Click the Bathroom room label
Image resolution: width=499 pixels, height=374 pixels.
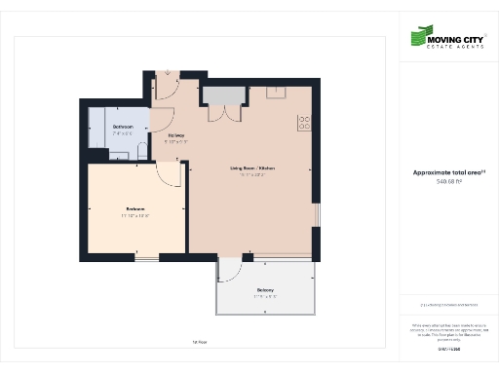123,128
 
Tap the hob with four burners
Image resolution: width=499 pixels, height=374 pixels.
303,123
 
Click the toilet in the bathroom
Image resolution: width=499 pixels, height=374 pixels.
141,151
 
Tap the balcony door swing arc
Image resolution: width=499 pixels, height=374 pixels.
234,270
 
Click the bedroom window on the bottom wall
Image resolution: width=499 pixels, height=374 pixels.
145,257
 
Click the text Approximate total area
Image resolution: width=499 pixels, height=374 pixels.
447,173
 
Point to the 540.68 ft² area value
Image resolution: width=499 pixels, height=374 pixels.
447,181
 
